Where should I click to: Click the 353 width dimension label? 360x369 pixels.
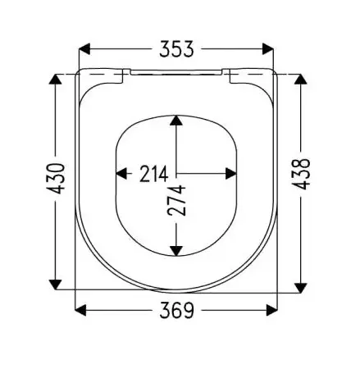pyautogui.click(x=176, y=50)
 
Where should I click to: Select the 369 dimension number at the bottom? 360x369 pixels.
pyautogui.click(x=176, y=311)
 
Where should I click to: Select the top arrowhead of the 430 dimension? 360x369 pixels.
pyautogui.click(x=55, y=80)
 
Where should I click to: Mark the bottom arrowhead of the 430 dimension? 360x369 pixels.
pyautogui.click(x=55, y=284)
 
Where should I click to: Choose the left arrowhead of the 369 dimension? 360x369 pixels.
pyautogui.click(x=82, y=311)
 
